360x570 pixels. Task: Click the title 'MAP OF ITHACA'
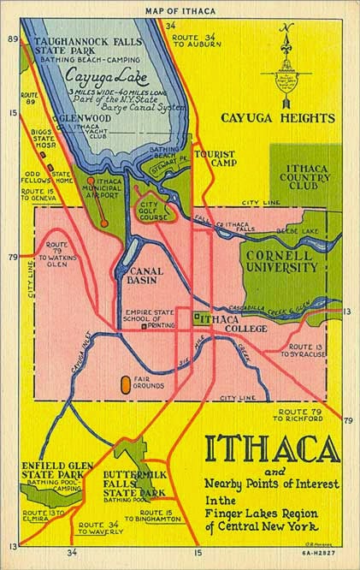click(180, 11)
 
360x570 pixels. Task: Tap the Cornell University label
click(281, 261)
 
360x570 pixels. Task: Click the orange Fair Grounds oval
click(127, 384)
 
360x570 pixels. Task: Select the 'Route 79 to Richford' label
click(300, 414)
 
